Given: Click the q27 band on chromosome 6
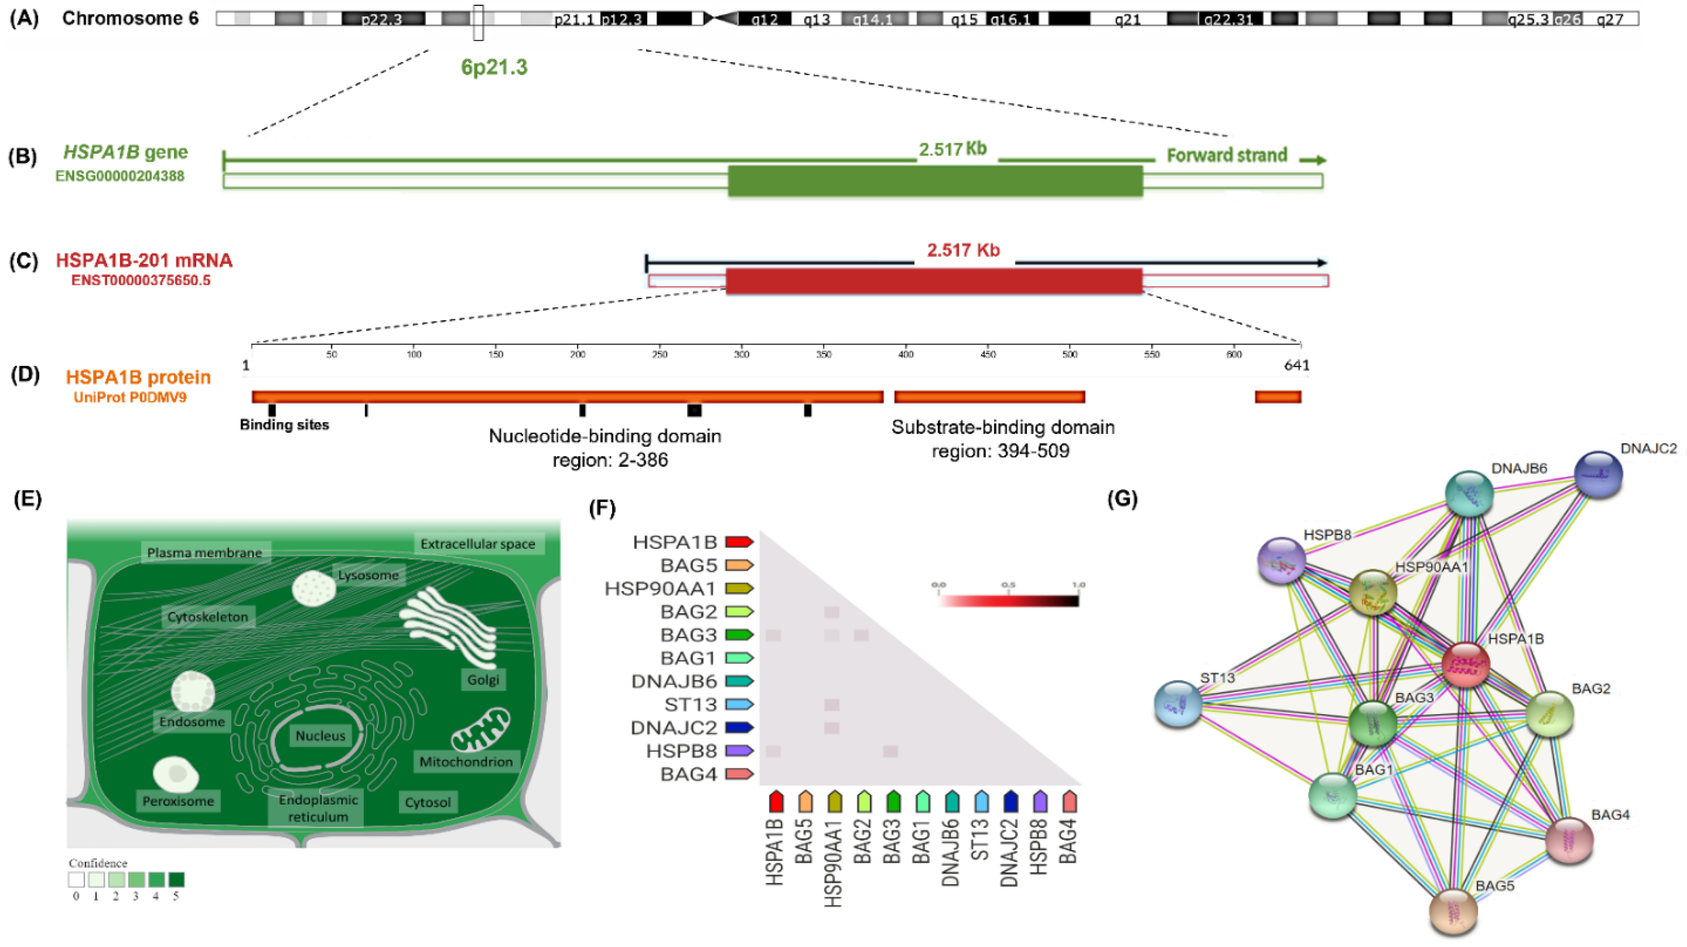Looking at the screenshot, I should coord(1610,20).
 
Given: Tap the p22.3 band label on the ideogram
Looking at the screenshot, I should coord(382,20).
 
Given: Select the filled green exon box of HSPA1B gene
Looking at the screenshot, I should coord(935,181).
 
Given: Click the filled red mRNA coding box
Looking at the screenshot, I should coord(934,281).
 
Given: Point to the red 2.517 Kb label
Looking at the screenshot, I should coord(963,250).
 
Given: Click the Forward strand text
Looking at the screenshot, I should coord(1227,155).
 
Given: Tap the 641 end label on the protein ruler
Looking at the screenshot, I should coord(1296,365).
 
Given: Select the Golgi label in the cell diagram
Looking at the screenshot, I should coord(484,680).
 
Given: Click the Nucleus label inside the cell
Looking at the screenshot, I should coord(320,736).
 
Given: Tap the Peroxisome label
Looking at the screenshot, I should coord(178,801).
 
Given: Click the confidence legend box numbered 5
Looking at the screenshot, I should coord(176,880).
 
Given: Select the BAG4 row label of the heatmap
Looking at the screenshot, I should coord(688,774).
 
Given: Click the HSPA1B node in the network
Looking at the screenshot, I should coord(1466,665).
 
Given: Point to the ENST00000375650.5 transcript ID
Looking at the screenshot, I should coord(141,281).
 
